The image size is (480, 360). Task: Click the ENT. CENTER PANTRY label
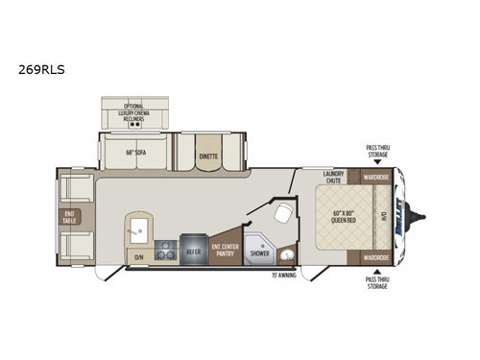tap(228, 250)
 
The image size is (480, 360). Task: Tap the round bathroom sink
tap(286, 255)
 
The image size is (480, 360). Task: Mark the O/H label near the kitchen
tap(139, 255)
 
